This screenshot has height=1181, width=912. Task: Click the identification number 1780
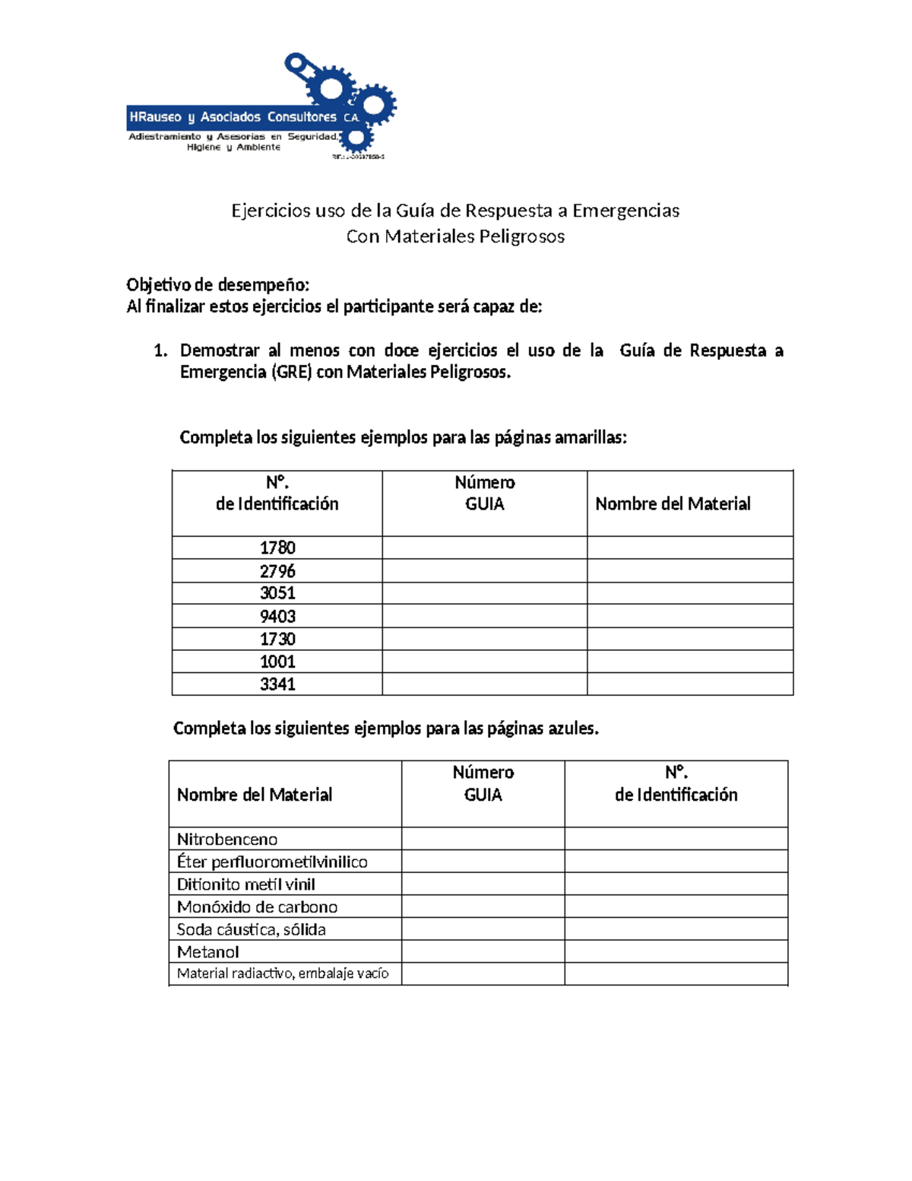point(277,548)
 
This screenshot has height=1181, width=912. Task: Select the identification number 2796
point(277,571)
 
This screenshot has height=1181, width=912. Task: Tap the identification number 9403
point(277,616)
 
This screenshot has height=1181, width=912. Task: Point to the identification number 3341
point(277,684)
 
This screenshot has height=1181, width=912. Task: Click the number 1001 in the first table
point(277,662)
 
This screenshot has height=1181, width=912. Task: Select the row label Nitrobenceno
point(227,839)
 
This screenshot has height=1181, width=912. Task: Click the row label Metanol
point(207,951)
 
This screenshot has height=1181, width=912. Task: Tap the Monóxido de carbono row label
point(257,906)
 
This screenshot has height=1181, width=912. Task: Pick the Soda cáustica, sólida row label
point(251,929)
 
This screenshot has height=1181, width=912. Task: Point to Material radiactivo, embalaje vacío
point(283,973)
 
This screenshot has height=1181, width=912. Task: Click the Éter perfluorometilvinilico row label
point(272,862)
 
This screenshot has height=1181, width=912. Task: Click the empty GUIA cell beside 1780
point(484,548)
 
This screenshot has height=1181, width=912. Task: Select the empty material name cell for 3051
point(689,593)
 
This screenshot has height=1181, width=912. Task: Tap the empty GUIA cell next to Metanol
point(483,951)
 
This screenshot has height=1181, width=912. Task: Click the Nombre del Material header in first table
point(673,503)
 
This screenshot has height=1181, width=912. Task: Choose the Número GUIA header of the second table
point(483,783)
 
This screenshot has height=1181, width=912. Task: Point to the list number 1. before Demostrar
point(160,351)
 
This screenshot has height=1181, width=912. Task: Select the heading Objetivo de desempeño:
point(218,285)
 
